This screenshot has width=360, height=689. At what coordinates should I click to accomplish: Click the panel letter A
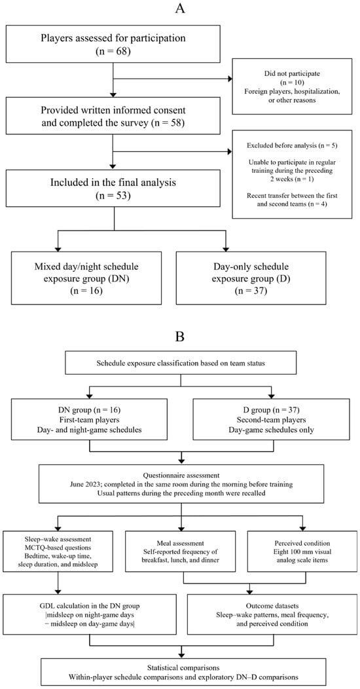coord(179,9)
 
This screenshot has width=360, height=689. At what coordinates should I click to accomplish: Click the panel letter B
coord(179,337)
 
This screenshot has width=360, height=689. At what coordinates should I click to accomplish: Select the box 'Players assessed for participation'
coord(113,43)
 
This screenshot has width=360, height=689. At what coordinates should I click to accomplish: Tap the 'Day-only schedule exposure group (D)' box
coord(251,278)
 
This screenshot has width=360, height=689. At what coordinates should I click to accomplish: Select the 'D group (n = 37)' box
coord(272,419)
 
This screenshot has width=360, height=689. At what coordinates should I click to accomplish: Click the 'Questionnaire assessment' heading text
coord(180,475)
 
